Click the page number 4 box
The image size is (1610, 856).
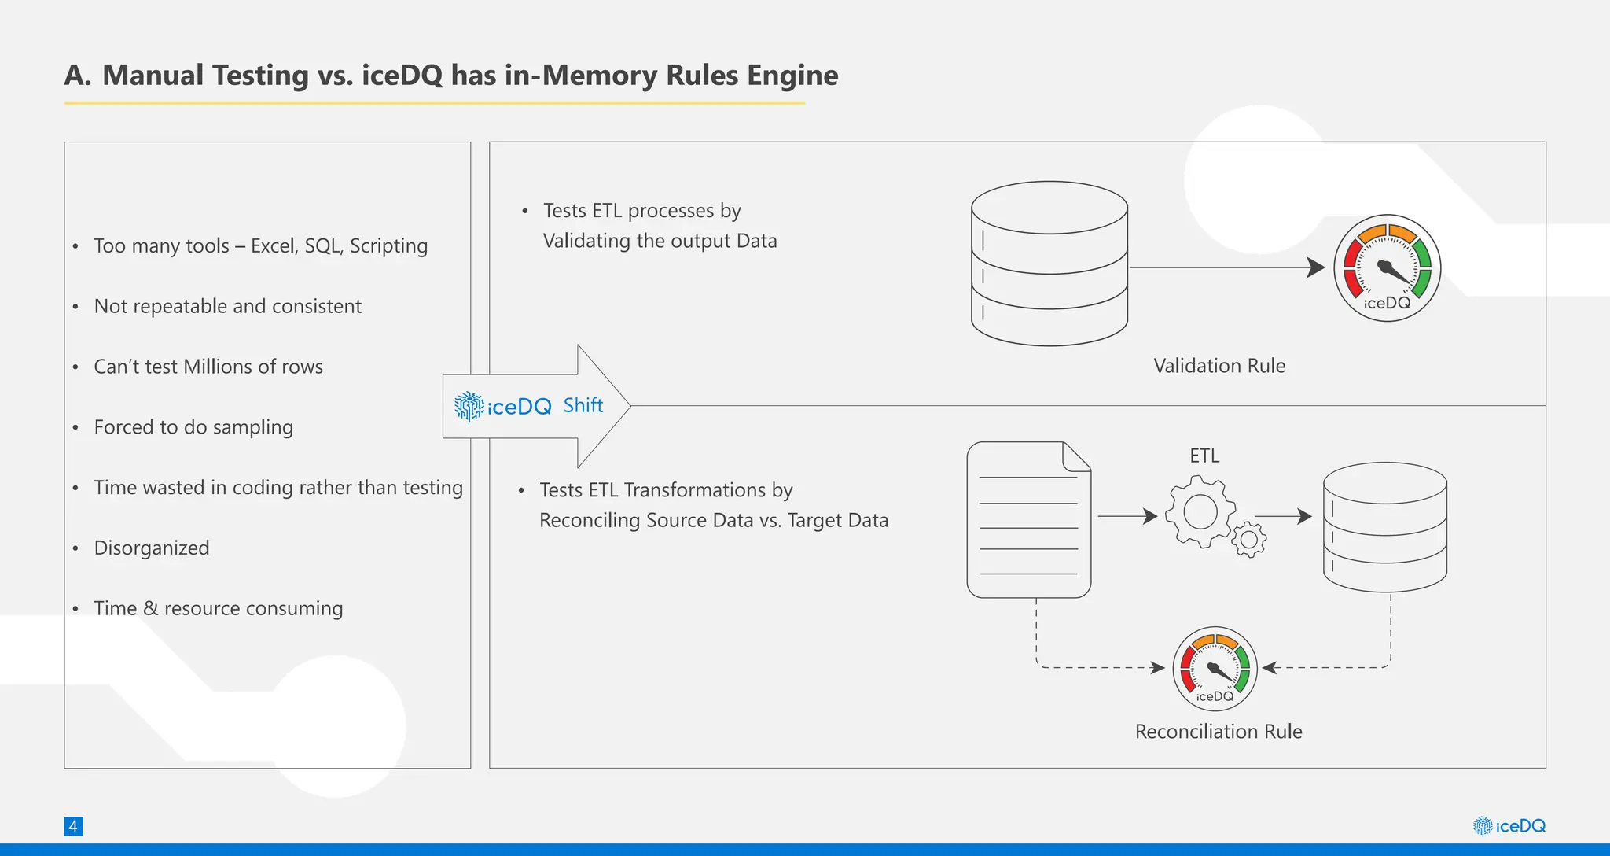[73, 826]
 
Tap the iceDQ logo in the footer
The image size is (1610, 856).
[1509, 826]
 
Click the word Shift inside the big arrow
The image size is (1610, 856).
[583, 405]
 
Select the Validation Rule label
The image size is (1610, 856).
[1219, 366]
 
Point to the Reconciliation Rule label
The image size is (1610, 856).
[1219, 732]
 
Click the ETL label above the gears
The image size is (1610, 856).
[1204, 456]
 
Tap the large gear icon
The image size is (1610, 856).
[1200, 513]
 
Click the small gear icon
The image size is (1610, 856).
[1248, 540]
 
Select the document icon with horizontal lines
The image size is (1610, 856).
[1028, 520]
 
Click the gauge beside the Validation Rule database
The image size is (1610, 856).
[1388, 267]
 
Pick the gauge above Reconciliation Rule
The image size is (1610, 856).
[1215, 669]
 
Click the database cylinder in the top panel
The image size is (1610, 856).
[1049, 264]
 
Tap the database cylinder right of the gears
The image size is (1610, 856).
[1384, 526]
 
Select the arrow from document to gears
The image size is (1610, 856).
[1127, 516]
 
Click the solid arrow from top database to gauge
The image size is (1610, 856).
[1226, 267]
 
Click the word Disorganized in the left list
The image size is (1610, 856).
[152, 548]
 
